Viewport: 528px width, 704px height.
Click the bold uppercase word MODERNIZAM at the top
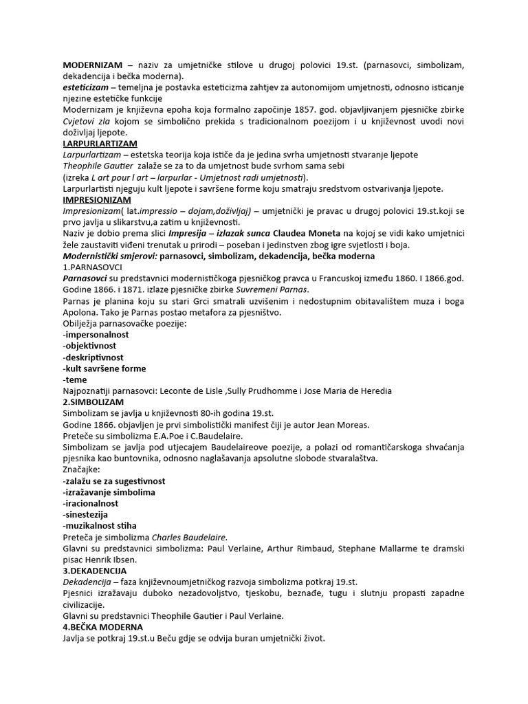coord(93,65)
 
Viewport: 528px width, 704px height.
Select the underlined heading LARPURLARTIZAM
coord(100,144)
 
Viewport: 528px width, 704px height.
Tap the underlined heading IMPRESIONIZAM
coord(97,199)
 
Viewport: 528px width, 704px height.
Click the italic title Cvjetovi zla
coord(87,122)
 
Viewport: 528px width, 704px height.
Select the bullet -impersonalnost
coord(96,335)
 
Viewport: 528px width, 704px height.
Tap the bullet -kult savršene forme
coord(104,368)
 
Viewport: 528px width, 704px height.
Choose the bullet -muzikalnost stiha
coord(98,525)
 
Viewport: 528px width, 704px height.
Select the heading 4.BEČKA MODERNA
coord(102,626)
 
